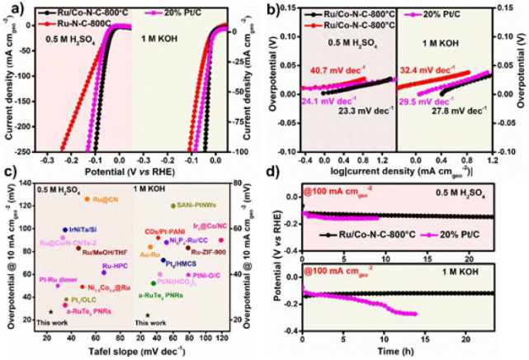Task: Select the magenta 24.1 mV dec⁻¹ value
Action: point(324,103)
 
